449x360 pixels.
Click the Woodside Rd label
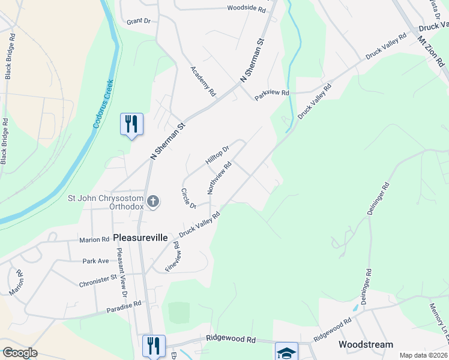pos(246,9)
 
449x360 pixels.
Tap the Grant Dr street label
pos(138,21)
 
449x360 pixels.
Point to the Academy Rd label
pos(203,81)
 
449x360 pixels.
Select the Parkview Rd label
pos(272,94)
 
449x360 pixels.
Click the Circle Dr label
pos(188,199)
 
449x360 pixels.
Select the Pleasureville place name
pos(140,238)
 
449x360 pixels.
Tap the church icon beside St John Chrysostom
pos(153,202)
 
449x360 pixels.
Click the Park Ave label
pos(95,261)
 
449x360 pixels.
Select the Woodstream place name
pos(366,344)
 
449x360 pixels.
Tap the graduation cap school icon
pos(286,352)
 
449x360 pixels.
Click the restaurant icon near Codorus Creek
pos(131,124)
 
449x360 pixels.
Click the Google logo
pos(20,353)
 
